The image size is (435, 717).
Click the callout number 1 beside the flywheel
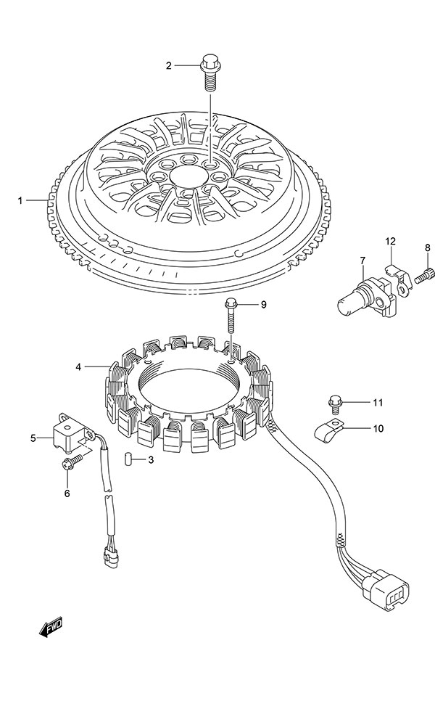click(21, 200)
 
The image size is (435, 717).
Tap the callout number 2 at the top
click(169, 66)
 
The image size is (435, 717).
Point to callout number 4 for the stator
click(78, 367)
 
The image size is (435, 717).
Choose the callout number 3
click(151, 459)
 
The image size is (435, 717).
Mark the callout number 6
click(67, 494)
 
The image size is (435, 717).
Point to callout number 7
click(361, 261)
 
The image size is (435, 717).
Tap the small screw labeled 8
click(427, 274)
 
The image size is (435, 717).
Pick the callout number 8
click(428, 249)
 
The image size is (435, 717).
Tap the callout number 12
click(390, 241)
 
